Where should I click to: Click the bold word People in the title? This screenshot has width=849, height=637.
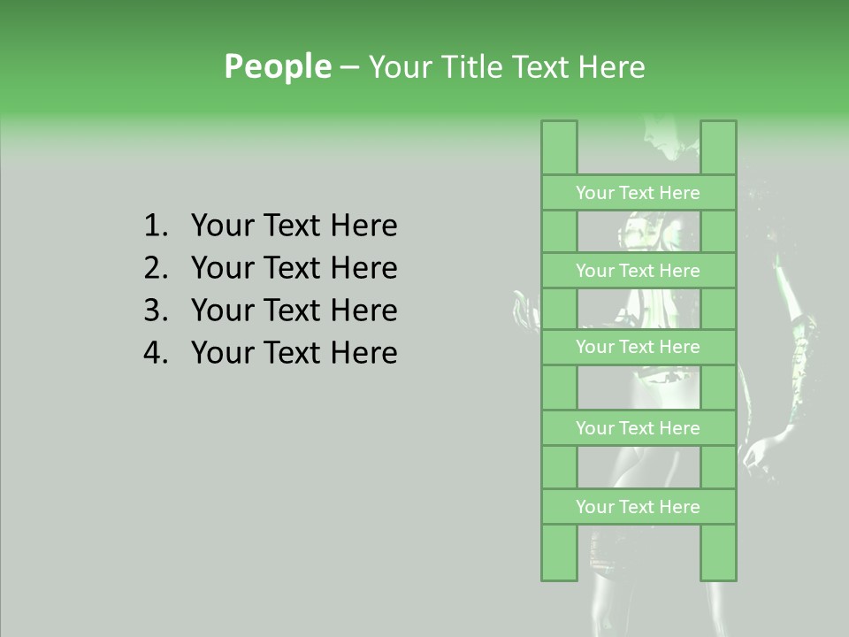click(x=277, y=66)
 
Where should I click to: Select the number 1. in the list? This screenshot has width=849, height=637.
click(x=155, y=226)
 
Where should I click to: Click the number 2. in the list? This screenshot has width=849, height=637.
click(x=155, y=268)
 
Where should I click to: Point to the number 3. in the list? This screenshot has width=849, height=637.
click(x=155, y=311)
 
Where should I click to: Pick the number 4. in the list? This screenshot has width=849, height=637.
click(x=155, y=353)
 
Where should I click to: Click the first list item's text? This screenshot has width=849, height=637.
click(x=294, y=226)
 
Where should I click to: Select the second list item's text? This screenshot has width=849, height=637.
click(x=294, y=268)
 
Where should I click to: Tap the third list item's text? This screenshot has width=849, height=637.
click(x=294, y=311)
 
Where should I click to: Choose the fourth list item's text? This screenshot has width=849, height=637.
click(x=294, y=353)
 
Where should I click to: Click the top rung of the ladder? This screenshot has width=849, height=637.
click(x=638, y=193)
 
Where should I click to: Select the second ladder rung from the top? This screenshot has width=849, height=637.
click(x=638, y=271)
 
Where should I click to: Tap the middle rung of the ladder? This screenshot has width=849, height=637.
click(x=638, y=347)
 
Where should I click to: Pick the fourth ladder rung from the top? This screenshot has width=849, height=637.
click(x=638, y=428)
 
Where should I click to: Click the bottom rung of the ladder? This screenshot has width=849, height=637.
click(x=638, y=507)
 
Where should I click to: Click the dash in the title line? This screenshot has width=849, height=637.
click(x=349, y=67)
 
